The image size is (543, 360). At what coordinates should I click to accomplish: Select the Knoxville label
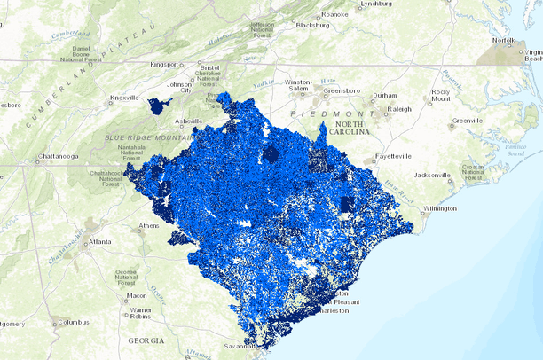124,98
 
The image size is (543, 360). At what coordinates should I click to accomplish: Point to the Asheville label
188,121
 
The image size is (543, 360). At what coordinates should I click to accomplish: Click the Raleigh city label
399,109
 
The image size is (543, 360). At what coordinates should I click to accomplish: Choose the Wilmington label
439,209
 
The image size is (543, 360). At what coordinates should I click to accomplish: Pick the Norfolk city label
503,41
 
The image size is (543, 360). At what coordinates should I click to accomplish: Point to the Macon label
136,295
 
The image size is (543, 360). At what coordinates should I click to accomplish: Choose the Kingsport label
164,64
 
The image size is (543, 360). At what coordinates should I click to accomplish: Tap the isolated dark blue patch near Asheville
160,106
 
